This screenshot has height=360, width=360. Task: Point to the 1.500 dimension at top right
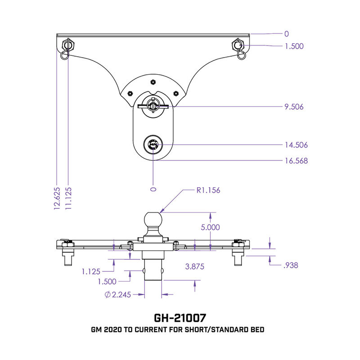click(294, 45)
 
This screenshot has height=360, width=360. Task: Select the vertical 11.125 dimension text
click(69, 197)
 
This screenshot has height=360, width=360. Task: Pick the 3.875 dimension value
click(194, 266)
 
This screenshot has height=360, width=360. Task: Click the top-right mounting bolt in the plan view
click(237, 45)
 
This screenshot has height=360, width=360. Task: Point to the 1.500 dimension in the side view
click(107, 282)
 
